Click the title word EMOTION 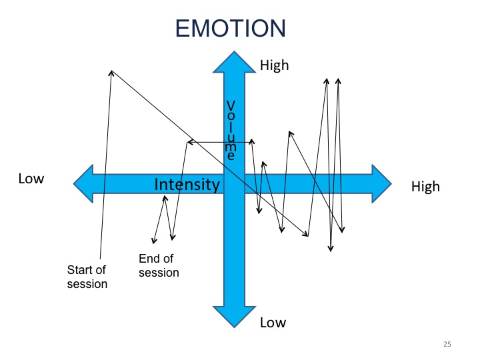coord(230,28)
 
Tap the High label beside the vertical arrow coord(274,65)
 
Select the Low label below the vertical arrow coord(273,323)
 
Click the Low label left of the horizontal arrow coord(31,179)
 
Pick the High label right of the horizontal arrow coord(425,187)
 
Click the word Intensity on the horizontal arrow coord(187,184)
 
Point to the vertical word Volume coord(231,131)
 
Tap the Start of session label coord(87,277)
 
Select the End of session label coord(159,265)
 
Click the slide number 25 coord(447,344)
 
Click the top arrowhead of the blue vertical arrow coord(234,61)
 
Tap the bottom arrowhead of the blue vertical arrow coord(234,317)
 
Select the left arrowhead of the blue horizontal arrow coord(83,184)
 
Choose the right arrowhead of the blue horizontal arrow coord(382,184)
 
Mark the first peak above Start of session coord(111,71)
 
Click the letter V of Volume coord(231,105)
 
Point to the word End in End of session coord(149,259)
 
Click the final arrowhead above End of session coord(154,241)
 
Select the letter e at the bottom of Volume coord(231,156)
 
